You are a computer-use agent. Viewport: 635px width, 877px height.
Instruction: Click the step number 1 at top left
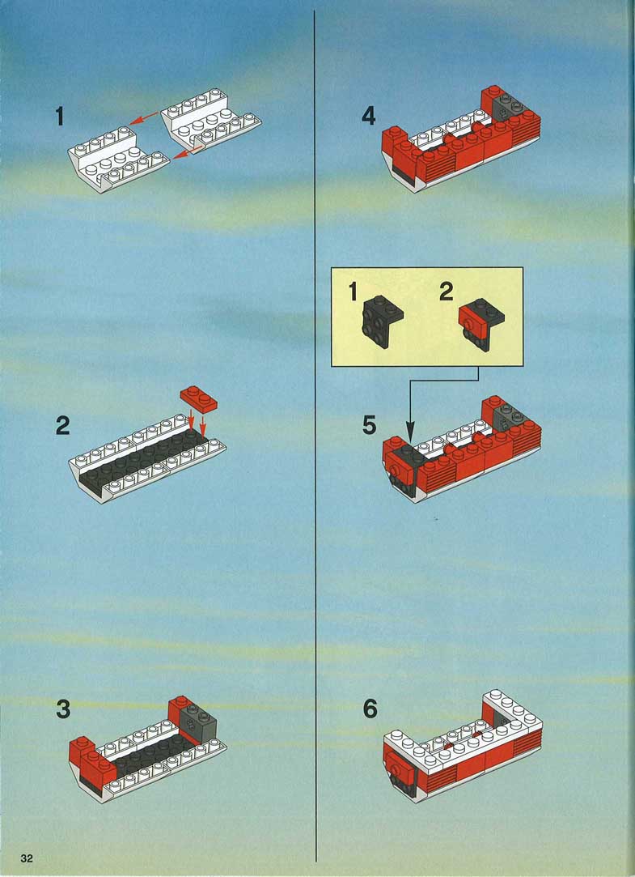pyautogui.click(x=60, y=117)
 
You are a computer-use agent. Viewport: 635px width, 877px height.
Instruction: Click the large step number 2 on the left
pyautogui.click(x=62, y=426)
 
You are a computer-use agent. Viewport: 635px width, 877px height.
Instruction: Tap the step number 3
pyautogui.click(x=63, y=709)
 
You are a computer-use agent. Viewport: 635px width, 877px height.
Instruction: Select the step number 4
pyautogui.click(x=369, y=116)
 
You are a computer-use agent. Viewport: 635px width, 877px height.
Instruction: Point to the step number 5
pyautogui.click(x=370, y=425)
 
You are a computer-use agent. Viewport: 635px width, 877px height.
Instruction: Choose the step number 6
pyautogui.click(x=370, y=709)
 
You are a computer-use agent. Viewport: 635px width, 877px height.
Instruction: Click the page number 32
pyautogui.click(x=26, y=858)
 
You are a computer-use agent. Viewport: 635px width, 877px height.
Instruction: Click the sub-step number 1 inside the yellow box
pyautogui.click(x=353, y=292)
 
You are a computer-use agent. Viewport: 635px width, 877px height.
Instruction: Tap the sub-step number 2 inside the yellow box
pyautogui.click(x=447, y=292)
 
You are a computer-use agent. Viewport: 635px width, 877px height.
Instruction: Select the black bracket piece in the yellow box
pyautogui.click(x=383, y=321)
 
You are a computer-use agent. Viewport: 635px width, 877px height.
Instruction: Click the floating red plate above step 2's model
pyautogui.click(x=199, y=398)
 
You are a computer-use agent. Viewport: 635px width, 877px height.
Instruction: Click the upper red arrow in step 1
pyautogui.click(x=144, y=118)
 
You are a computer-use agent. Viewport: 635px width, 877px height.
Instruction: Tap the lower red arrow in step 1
pyautogui.click(x=188, y=152)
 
